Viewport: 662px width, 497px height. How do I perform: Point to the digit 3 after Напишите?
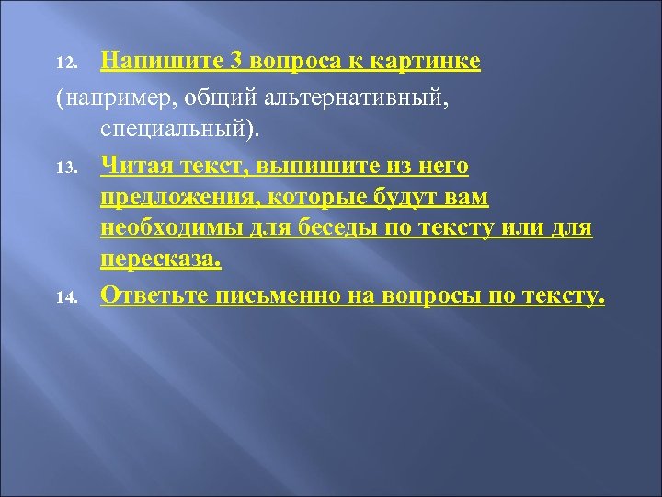[237, 62]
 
